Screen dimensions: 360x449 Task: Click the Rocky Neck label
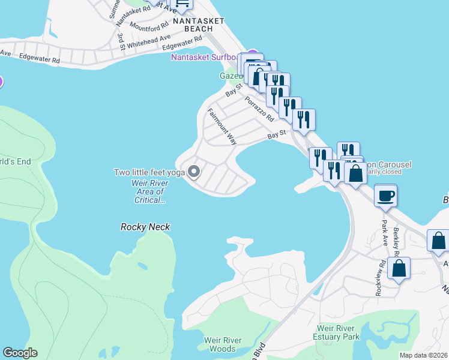(x=145, y=227)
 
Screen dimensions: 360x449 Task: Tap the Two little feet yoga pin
(x=194, y=172)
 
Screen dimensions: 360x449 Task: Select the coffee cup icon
(x=385, y=195)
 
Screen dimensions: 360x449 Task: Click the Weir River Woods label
(x=223, y=344)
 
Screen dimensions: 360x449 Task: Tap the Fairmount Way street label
(x=222, y=126)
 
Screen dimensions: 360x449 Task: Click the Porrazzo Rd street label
(x=259, y=108)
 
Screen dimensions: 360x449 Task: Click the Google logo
(x=20, y=353)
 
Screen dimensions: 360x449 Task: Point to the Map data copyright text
(x=423, y=355)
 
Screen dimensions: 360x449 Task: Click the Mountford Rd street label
(x=149, y=28)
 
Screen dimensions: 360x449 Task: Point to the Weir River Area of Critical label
(x=148, y=191)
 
